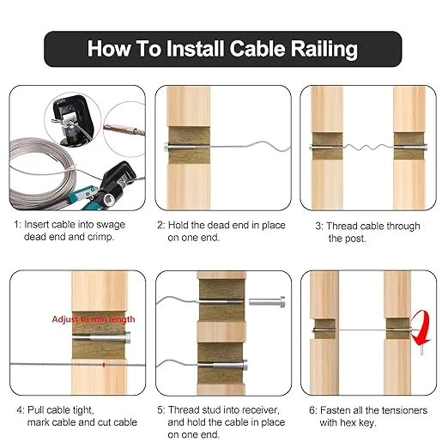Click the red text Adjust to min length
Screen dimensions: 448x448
tap(94, 319)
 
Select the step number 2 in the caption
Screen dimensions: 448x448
tap(160, 226)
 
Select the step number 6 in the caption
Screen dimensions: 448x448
tap(306, 410)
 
